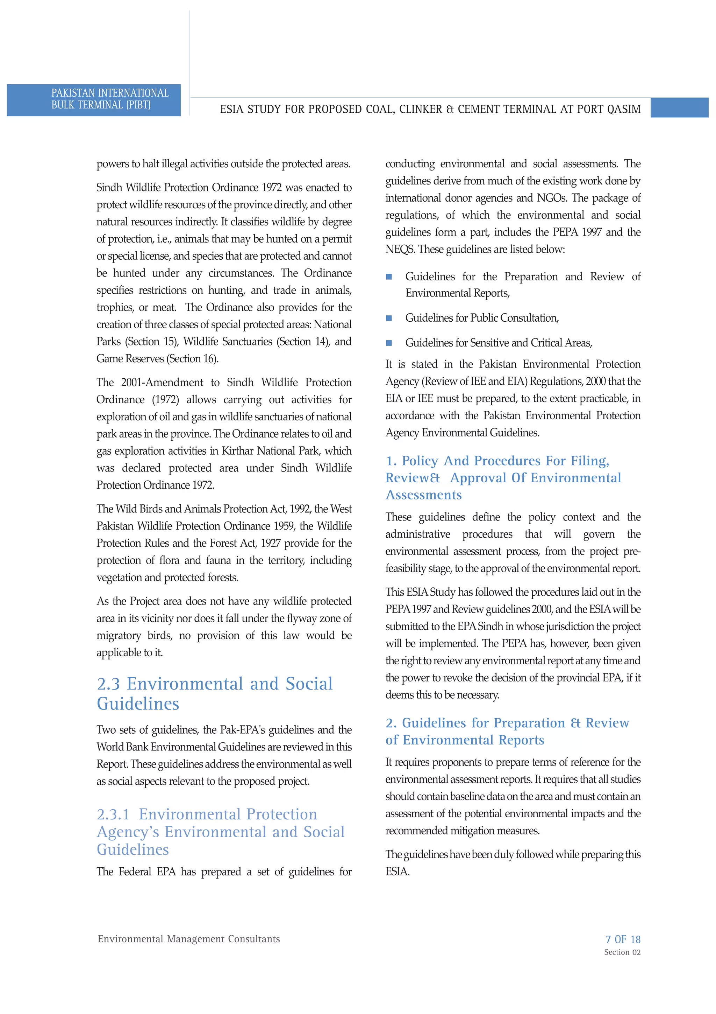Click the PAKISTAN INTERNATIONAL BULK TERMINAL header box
(94, 100)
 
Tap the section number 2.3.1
(113, 814)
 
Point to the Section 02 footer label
(622, 952)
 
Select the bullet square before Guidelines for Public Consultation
(389, 318)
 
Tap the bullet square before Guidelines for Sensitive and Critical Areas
(389, 343)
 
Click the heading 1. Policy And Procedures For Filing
(497, 461)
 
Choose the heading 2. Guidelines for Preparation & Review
(507, 723)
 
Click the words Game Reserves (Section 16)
(157, 359)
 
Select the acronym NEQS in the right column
(400, 250)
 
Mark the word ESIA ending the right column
(397, 871)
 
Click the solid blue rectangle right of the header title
(679, 108)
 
